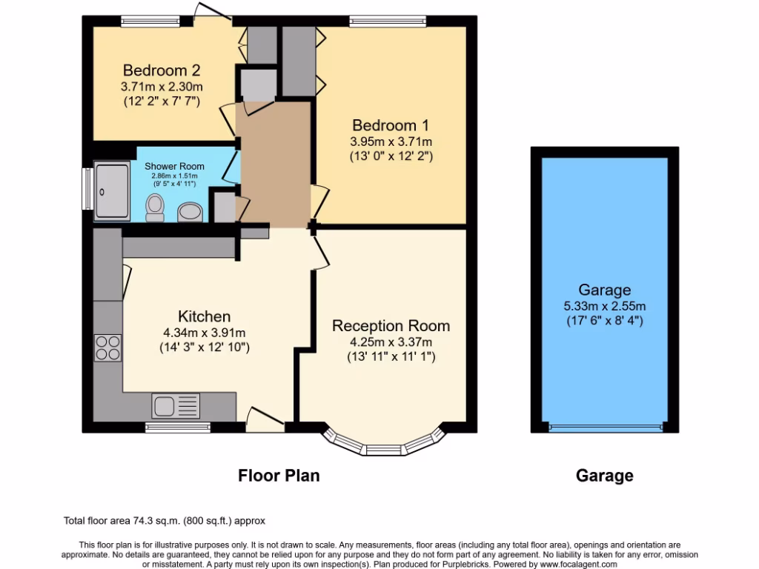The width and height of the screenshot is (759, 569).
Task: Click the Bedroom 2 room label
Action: coord(161,71)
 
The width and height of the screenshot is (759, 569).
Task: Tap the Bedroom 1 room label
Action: coord(391,125)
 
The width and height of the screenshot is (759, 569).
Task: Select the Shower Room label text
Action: coord(174,167)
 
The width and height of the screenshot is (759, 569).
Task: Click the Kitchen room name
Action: coord(204,316)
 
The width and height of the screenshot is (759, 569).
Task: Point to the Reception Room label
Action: coord(391,326)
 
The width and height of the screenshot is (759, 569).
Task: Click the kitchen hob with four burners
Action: coord(108,347)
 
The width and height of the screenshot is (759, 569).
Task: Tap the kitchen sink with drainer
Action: coord(176,406)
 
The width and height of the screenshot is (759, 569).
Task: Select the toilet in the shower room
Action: coord(155,207)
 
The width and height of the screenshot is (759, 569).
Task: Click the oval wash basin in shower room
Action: coord(190,213)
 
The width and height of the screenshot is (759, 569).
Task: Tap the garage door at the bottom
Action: coord(605,427)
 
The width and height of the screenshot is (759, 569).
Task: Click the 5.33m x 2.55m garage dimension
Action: coord(605,305)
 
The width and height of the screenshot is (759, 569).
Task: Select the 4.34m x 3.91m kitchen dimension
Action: coord(204,332)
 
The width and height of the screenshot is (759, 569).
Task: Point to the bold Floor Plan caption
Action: coord(279,476)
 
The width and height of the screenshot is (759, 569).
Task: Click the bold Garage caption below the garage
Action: coord(605,476)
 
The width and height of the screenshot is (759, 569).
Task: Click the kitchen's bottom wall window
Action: coord(178,427)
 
